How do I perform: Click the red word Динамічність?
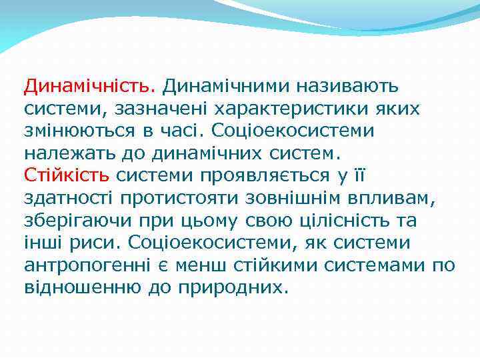[x=89, y=86]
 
